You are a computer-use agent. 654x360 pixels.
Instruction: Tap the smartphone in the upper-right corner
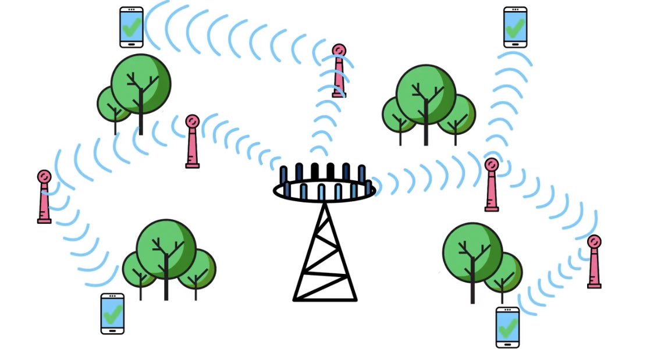pyautogui.click(x=515, y=27)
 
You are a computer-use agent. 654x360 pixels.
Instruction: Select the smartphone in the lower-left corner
pyautogui.click(x=112, y=313)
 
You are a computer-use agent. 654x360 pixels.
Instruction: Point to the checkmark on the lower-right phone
pyautogui.click(x=507, y=325)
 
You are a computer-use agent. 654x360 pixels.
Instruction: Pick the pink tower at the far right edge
pyautogui.click(x=594, y=262)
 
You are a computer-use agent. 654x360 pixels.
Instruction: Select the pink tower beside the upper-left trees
pyautogui.click(x=193, y=142)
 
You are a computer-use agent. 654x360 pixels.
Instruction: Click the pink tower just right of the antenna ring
pyautogui.click(x=492, y=185)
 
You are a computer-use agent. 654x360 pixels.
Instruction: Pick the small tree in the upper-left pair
pyautogui.click(x=112, y=105)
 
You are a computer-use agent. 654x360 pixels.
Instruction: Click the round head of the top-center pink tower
pyautogui.click(x=339, y=50)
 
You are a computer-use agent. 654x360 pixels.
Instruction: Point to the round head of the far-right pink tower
pyautogui.click(x=594, y=241)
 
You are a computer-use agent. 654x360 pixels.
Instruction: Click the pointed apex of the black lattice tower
pyautogui.click(x=325, y=204)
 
